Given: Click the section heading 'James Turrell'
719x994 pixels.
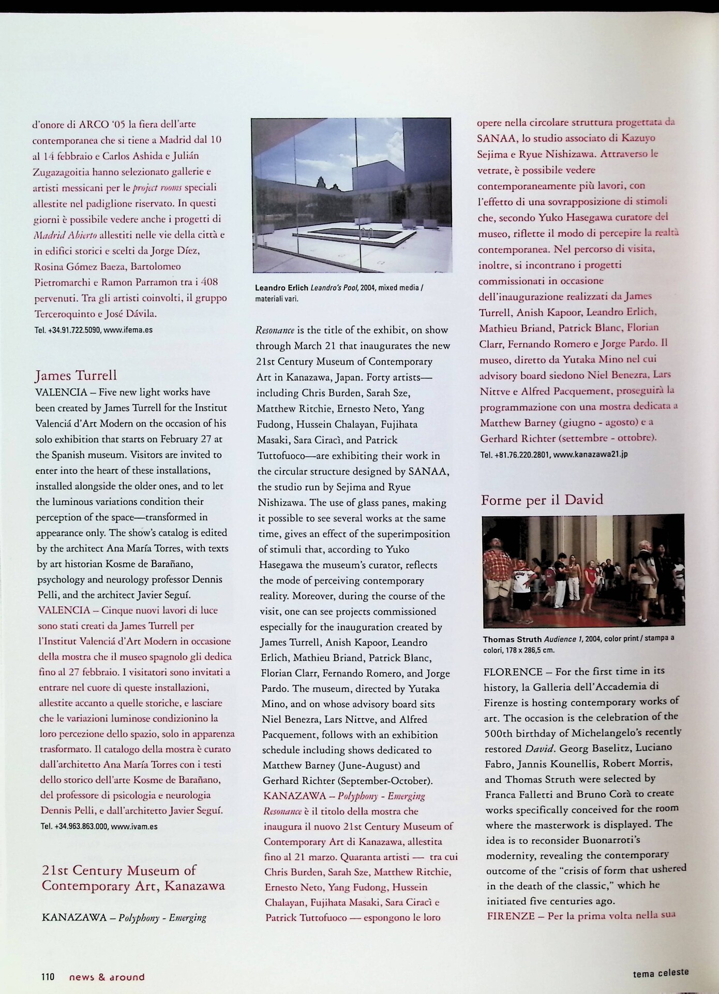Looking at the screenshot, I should (76, 375).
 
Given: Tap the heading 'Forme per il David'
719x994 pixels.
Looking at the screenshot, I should (542, 500).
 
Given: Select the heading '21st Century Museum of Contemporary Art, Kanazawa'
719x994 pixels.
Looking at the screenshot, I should (133, 878).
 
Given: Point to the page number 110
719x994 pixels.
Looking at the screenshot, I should (48, 977).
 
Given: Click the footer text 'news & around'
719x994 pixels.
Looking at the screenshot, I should (107, 977).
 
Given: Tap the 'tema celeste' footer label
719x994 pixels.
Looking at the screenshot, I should (661, 973).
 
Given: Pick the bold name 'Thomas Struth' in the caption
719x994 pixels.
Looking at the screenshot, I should (512, 639).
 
